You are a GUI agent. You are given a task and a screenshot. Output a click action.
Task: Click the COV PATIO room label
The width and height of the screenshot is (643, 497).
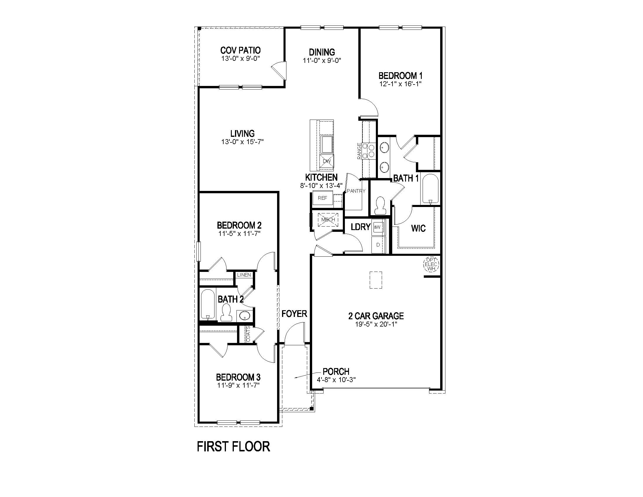[x=240, y=50]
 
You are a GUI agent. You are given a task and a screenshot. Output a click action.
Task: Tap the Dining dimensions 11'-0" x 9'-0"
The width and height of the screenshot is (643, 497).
[x=322, y=61]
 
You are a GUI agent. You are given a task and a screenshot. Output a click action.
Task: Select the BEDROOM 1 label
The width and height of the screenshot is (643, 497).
[x=400, y=76]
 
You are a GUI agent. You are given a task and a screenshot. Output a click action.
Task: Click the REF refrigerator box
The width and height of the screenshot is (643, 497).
[x=322, y=198]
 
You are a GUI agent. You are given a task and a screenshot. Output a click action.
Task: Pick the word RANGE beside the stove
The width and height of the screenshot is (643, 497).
[x=359, y=151]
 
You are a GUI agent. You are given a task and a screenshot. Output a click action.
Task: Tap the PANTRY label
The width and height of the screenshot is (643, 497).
[x=356, y=191]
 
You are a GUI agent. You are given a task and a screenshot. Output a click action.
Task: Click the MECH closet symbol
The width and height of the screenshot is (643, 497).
[x=328, y=220]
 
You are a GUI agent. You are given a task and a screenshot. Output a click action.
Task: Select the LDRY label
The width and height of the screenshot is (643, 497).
[x=360, y=227]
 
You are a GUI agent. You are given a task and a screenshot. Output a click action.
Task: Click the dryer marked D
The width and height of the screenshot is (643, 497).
[x=378, y=245]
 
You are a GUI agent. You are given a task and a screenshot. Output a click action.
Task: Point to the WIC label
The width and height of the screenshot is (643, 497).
[x=418, y=228]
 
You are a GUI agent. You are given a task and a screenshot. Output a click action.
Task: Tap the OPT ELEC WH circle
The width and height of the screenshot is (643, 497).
[x=431, y=264]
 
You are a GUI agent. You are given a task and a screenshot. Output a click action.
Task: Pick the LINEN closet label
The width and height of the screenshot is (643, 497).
[x=244, y=275]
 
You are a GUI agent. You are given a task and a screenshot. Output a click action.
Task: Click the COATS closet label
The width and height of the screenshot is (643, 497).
[x=248, y=334]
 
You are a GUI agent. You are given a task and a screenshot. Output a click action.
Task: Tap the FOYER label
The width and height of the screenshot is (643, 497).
[x=294, y=314]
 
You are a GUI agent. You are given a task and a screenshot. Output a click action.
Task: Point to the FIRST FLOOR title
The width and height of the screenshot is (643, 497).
[x=233, y=447]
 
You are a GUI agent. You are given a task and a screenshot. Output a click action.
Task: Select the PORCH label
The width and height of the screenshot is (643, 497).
[x=336, y=372]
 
